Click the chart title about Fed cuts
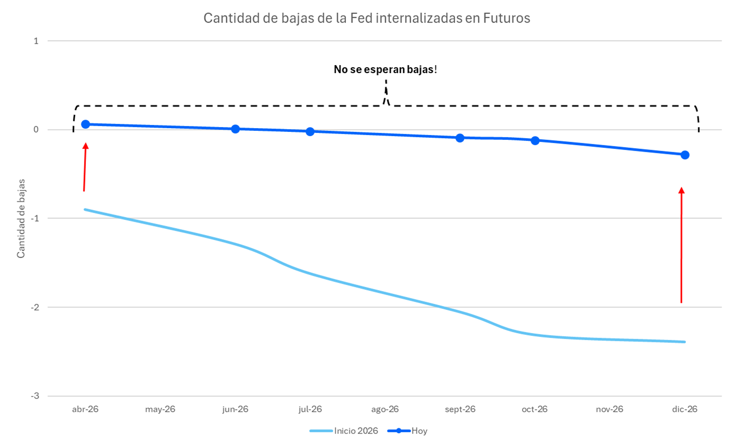[x=367, y=18]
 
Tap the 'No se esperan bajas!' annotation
[x=385, y=69]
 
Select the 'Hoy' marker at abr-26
[x=85, y=124]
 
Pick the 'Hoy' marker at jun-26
[x=235, y=129]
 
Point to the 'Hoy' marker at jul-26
[x=310, y=131]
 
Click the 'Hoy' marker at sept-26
[x=460, y=138]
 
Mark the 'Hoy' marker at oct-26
[x=535, y=140]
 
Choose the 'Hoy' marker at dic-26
[x=685, y=155]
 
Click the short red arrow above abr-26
[x=84, y=167]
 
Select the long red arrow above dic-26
[x=681, y=246]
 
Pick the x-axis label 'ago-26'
[x=385, y=410]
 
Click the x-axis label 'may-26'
[x=160, y=410]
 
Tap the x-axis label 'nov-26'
[x=610, y=410]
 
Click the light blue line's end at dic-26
[x=684, y=342]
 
